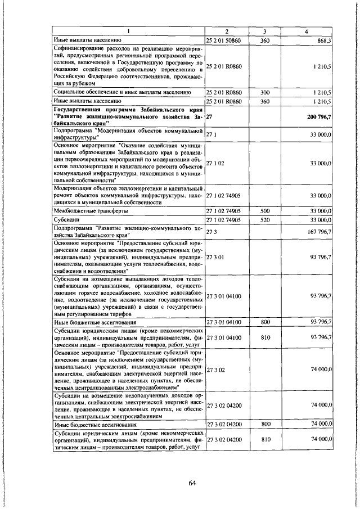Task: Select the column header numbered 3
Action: tap(264, 31)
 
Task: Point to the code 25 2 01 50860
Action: tap(226, 40)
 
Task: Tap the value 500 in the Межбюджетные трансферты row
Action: tap(264, 210)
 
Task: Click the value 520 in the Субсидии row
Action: tap(264, 219)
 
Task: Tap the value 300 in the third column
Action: tap(264, 92)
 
